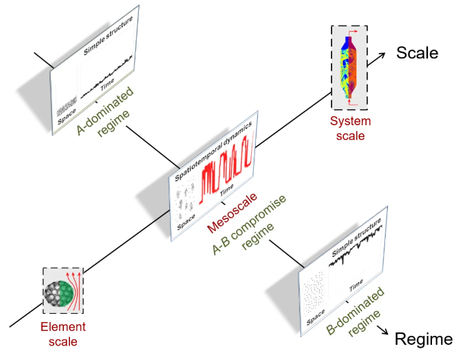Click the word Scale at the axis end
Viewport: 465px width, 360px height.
click(417, 52)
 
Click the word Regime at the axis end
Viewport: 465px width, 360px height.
click(423, 339)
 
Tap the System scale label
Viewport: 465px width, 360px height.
click(350, 128)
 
